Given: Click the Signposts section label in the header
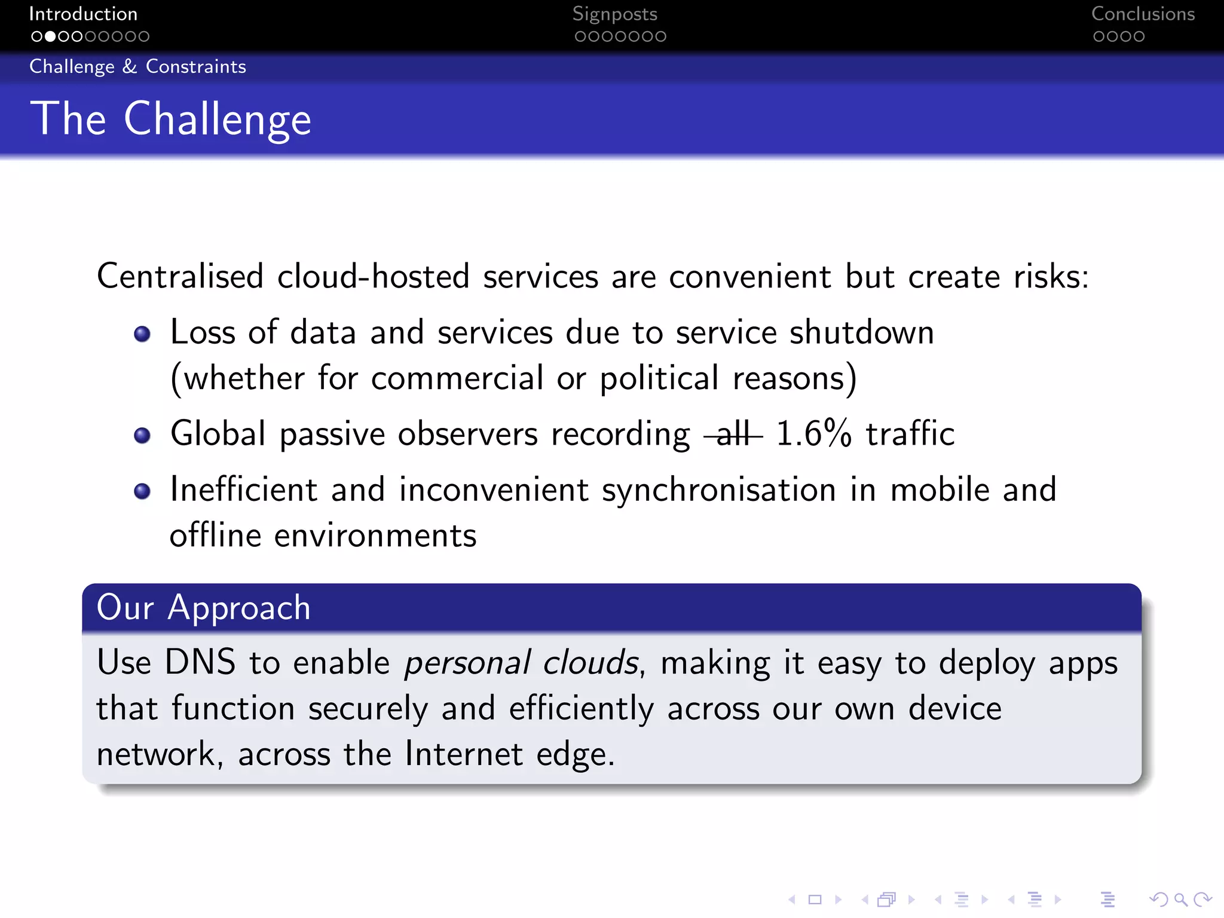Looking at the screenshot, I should (x=614, y=14).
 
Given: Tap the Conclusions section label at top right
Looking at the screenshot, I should (x=1143, y=14).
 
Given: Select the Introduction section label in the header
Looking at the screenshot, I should (x=83, y=14).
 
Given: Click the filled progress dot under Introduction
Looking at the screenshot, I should (x=50, y=36).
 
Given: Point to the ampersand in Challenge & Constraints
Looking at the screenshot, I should (x=130, y=66).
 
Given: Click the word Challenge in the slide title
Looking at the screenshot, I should (x=218, y=120).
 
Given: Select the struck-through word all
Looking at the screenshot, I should (x=733, y=434).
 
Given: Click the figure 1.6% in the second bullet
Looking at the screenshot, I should (x=813, y=434).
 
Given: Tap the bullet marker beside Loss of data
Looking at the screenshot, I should (x=142, y=333).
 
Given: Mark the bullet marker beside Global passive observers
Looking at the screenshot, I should (x=142, y=435).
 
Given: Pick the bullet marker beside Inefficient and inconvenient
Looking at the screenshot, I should (x=142, y=491).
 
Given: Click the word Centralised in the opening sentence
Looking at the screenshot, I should (x=180, y=277).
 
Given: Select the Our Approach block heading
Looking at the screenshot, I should (x=204, y=608).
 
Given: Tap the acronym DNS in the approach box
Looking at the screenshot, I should (x=200, y=662).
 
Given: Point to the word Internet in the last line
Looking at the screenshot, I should (x=464, y=754).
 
